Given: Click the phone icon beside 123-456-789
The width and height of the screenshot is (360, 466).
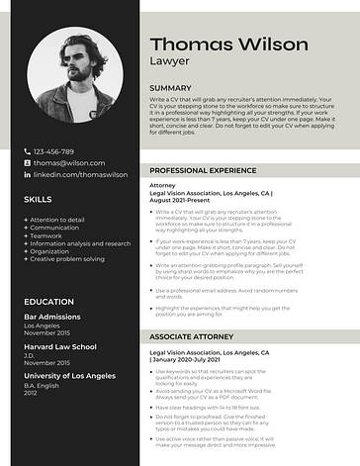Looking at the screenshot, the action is [27, 150].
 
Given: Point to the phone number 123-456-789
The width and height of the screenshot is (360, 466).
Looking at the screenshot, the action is [61, 150].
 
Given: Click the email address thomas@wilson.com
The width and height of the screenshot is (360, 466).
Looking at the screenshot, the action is [69, 162].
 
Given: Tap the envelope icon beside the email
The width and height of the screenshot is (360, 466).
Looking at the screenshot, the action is [27, 162].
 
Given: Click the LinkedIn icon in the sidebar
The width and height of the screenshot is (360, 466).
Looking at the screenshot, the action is [27, 174].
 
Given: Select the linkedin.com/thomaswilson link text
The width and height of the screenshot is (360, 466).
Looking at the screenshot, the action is [81, 174].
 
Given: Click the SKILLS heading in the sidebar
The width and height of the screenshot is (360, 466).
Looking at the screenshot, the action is [38, 199].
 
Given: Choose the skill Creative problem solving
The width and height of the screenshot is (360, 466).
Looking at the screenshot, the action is [67, 259].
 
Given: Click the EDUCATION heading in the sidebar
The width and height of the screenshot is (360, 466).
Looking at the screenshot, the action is [48, 301].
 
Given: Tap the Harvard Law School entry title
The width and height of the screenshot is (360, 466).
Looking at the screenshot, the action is [59, 346].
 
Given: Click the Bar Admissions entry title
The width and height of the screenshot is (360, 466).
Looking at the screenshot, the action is [51, 317].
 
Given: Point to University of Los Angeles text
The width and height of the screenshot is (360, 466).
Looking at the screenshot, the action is [68, 376].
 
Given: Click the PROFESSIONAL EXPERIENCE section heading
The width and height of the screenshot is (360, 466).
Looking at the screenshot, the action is [205, 170].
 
